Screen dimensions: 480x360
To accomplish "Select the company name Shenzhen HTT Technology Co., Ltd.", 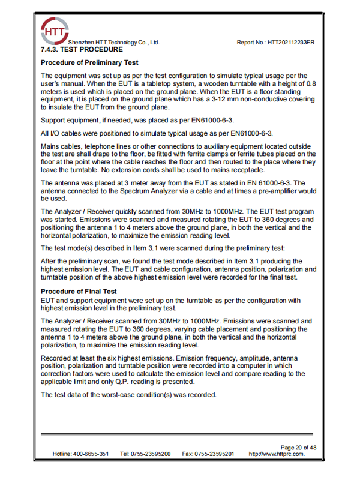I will [114, 43].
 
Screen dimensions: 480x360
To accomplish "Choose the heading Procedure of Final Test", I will [78, 292].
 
